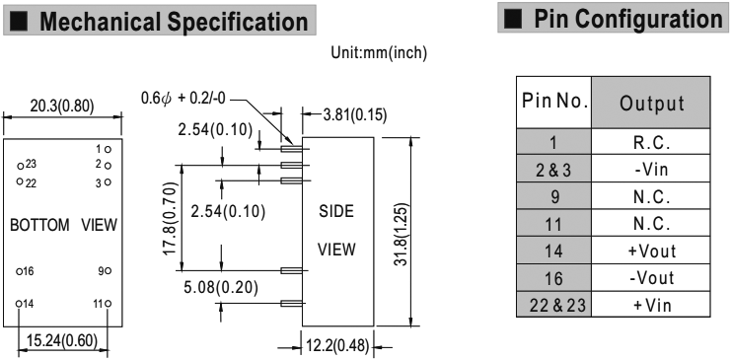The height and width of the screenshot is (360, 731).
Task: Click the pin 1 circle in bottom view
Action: tap(108, 150)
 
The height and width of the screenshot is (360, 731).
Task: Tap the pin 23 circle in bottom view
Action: tap(20, 166)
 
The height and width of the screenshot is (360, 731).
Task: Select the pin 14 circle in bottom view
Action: tap(19, 304)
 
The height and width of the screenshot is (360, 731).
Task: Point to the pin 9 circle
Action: tap(108, 271)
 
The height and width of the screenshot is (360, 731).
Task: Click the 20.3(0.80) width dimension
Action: tap(62, 107)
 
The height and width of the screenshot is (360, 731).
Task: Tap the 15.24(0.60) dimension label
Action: tap(61, 341)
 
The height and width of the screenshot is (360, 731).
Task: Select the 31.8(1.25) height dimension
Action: tap(401, 235)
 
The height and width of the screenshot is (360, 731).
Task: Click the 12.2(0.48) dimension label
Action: tap(337, 346)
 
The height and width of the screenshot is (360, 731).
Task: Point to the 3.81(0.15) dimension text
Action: tap(355, 114)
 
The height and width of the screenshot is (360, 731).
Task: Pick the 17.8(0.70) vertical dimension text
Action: tap(171, 218)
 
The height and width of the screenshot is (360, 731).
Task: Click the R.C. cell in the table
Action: tap(651, 143)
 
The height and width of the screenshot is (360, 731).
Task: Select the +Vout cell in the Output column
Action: tap(651, 252)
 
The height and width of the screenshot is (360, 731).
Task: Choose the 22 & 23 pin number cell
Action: tap(553, 306)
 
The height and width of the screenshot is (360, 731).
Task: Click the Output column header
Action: tap(651, 103)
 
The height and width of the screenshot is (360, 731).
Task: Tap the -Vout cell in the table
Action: tap(651, 278)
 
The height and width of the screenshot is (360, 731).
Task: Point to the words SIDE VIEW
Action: tap(336, 231)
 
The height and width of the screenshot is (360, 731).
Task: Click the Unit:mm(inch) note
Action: tap(379, 53)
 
